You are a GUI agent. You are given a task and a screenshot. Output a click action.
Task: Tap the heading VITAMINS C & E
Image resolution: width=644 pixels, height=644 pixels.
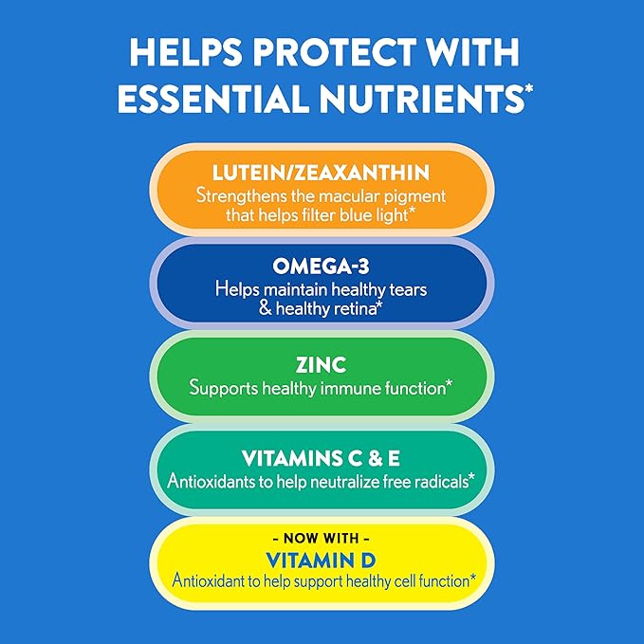tap(322, 459)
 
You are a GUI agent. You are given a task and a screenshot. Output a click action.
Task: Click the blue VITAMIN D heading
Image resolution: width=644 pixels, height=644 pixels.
tap(322, 558)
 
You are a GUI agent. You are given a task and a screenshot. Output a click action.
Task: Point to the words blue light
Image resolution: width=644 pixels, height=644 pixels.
tap(389, 215)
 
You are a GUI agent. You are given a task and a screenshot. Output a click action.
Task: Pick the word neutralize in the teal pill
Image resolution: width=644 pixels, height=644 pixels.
tap(351, 481)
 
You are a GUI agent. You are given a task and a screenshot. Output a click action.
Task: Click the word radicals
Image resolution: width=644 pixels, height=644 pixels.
tap(439, 481)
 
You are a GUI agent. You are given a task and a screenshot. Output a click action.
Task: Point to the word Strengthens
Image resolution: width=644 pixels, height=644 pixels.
tap(240, 194)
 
